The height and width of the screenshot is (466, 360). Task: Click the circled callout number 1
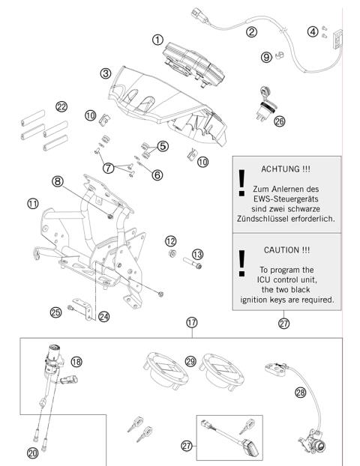[157, 39]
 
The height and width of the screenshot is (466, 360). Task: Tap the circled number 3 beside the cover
[106, 73]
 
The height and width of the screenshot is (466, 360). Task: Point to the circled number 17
[192, 322]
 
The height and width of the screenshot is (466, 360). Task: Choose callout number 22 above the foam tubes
[61, 106]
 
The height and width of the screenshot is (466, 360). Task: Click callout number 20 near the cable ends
[31, 452]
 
